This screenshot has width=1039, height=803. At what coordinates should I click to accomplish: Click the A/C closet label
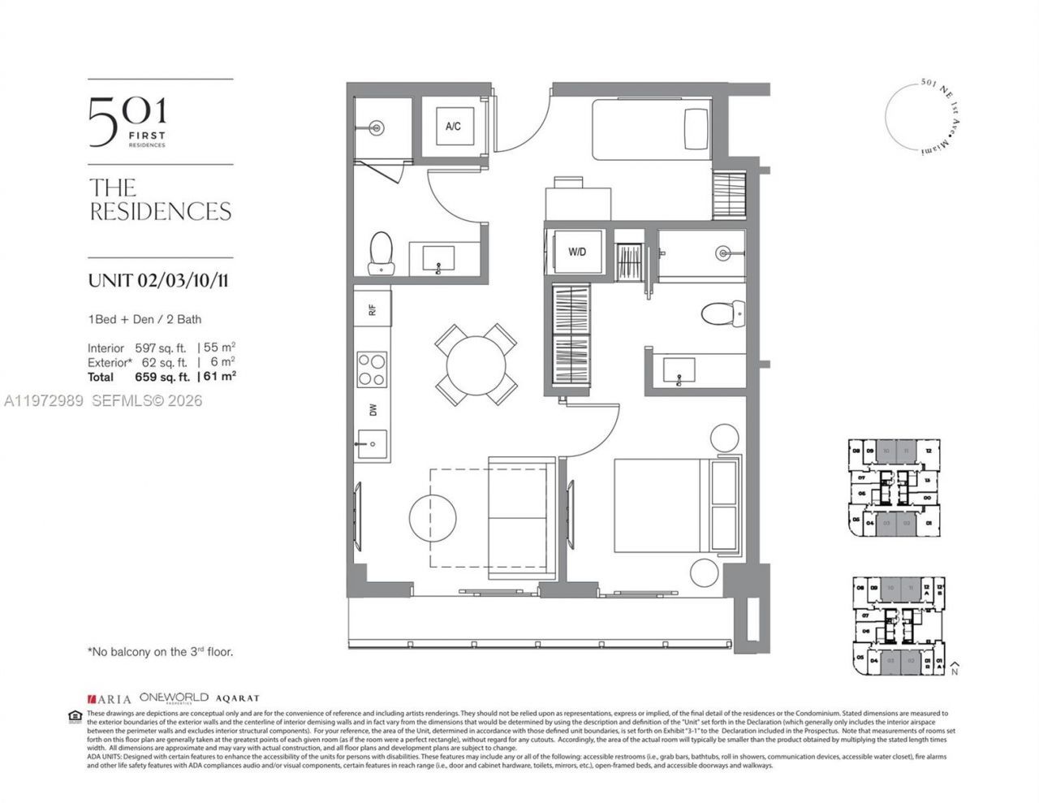pos(452,127)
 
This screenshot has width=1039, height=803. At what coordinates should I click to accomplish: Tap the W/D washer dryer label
pos(576,253)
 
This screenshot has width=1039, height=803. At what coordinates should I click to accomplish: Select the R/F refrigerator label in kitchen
pos(373,309)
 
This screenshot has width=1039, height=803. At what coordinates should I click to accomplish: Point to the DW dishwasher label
pos(373,410)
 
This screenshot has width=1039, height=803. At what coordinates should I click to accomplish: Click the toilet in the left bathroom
pos(380,253)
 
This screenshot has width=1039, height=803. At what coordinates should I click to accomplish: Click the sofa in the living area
pos(522,518)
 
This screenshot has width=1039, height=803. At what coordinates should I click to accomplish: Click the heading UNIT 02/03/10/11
pos(157,281)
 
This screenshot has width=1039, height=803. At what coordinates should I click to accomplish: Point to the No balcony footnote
pos(165,651)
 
